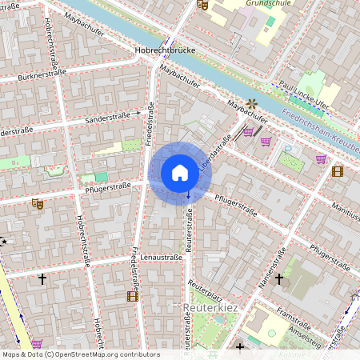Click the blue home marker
point(180,172)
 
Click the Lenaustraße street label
point(161,258)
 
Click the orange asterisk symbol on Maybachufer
point(252,102)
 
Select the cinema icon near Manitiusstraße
point(337,170)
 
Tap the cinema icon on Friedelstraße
point(132,296)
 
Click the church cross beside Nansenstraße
point(279,279)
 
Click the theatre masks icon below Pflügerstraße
point(37,204)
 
